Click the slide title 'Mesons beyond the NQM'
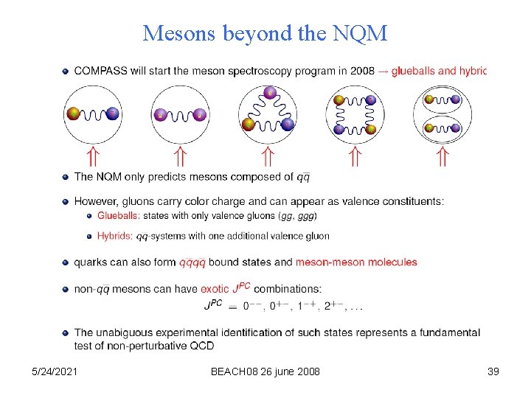pyautogui.click(x=265, y=33)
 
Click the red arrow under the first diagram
pyautogui.click(x=92, y=156)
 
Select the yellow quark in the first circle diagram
pyautogui.click(x=73, y=114)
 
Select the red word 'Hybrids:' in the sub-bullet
pyautogui.click(x=115, y=236)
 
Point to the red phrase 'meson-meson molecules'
pyautogui.click(x=356, y=262)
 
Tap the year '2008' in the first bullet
pyautogui.click(x=361, y=71)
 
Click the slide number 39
pyautogui.click(x=493, y=371)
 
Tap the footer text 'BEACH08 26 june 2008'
pyautogui.click(x=265, y=371)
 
